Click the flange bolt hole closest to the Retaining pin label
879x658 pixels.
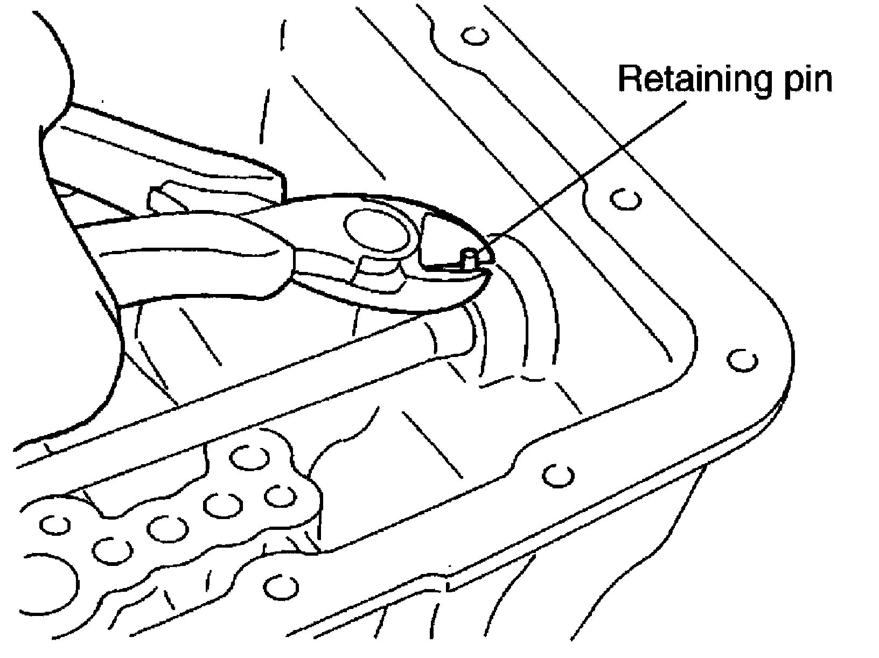pyautogui.click(x=625, y=199)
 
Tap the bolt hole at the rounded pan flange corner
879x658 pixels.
pyautogui.click(x=743, y=360)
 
